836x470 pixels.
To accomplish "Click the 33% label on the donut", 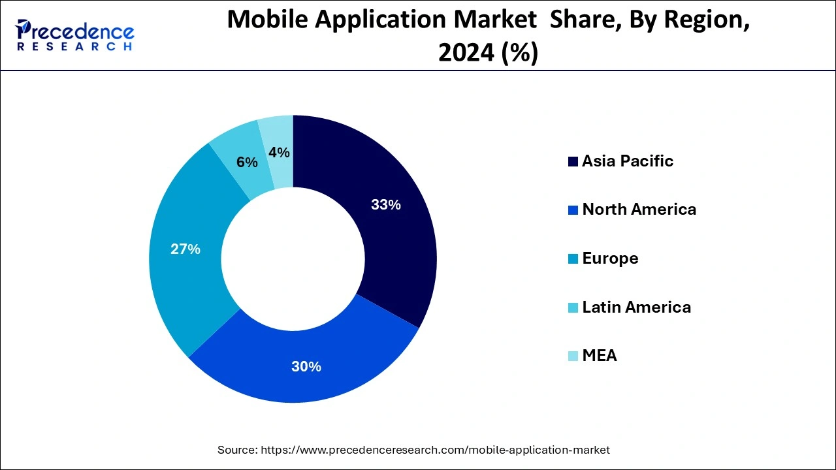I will point(385,205).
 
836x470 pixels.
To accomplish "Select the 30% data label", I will point(306,367).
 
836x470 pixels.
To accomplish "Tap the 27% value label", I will point(185,249).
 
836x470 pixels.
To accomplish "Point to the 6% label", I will point(247,163).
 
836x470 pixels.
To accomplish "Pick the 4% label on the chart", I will point(279,153).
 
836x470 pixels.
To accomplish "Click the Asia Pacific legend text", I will point(628,161).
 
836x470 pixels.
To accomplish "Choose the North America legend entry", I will point(639,210).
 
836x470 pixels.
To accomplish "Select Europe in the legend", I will point(610,258).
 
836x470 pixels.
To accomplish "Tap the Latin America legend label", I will point(636,307).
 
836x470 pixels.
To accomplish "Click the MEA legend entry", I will point(600,356).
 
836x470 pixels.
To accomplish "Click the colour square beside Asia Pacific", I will point(573,162).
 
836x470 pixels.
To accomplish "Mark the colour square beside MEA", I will point(573,356).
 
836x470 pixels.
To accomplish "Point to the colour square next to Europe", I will point(573,259).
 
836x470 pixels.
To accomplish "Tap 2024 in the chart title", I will point(466,52).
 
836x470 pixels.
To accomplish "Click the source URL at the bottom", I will point(435,450).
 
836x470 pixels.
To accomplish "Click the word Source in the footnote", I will point(236,450).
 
